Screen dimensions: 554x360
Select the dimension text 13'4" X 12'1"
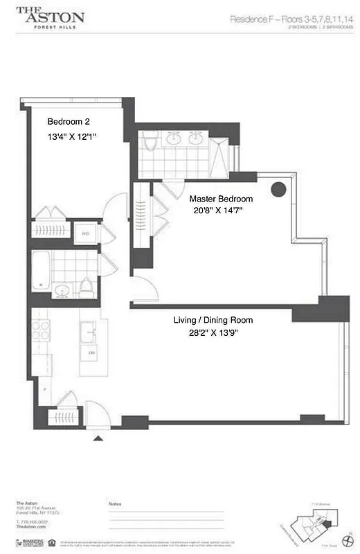pos(71,137)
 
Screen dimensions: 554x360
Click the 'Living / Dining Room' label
pos(213,320)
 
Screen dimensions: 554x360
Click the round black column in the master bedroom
pos(278,188)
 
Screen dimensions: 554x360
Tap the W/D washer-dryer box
pos(85,233)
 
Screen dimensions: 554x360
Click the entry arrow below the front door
pos(98,438)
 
